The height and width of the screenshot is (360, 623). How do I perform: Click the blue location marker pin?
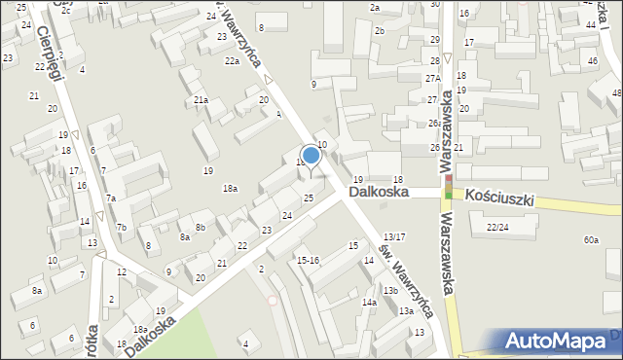click(311, 156)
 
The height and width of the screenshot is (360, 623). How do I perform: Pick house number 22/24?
click(497, 227)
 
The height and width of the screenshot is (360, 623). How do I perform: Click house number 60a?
click(591, 239)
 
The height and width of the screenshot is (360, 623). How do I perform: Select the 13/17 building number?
click(394, 236)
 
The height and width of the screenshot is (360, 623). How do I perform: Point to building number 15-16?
click(309, 260)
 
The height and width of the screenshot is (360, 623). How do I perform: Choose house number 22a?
click(232, 61)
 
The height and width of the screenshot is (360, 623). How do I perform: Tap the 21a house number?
click(201, 100)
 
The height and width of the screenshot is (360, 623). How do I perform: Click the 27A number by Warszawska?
click(433, 78)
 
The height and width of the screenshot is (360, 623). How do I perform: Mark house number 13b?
click(390, 290)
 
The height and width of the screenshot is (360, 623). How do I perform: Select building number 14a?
click(370, 303)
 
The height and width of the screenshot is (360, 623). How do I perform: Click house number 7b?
click(122, 228)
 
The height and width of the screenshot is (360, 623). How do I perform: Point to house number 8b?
click(200, 228)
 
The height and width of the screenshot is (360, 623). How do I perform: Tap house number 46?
click(592, 61)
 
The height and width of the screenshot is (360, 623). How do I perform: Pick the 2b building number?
click(380, 31)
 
